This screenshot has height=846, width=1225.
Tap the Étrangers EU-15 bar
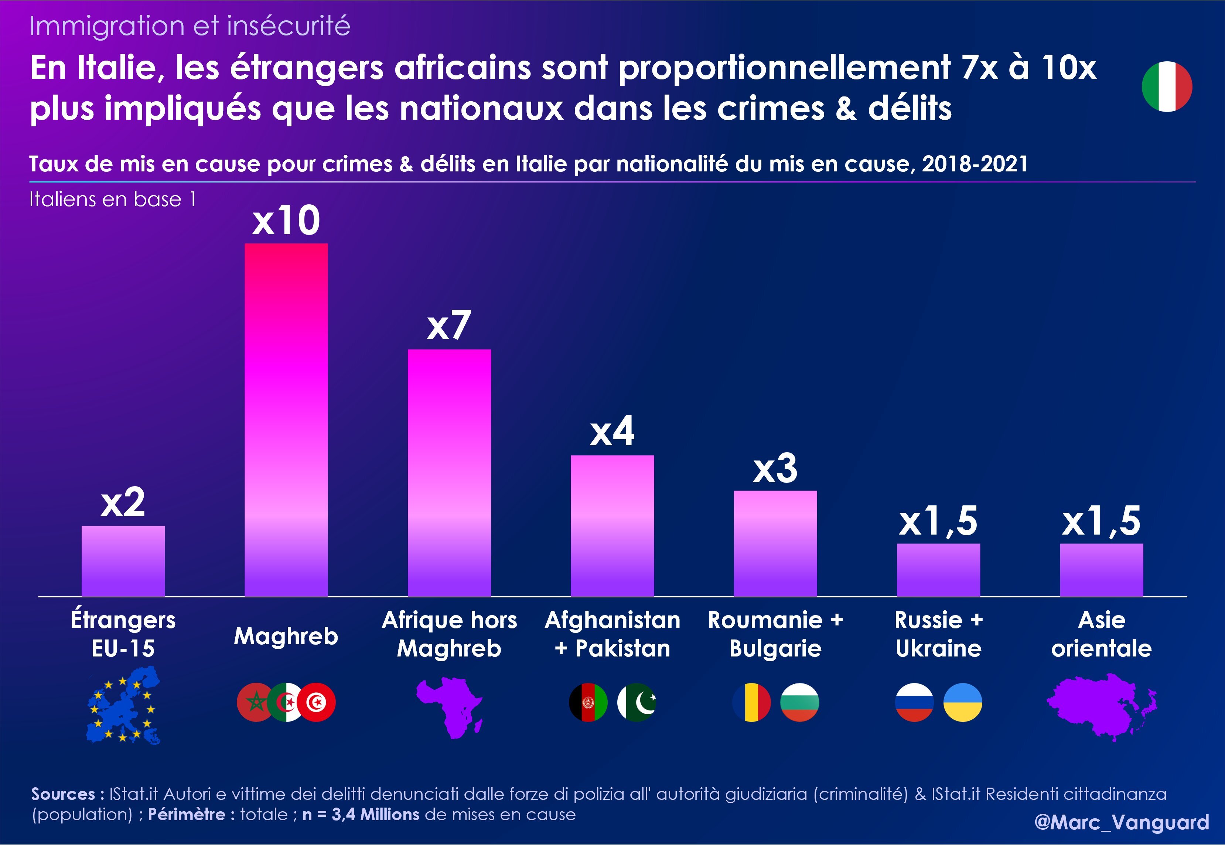(123, 561)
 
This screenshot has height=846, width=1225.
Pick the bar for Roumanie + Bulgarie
(775, 543)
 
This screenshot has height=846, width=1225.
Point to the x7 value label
(448, 326)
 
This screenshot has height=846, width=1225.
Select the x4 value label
(612, 431)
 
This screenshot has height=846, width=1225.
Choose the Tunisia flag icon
(317, 702)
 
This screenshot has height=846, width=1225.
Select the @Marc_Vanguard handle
(1122, 822)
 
